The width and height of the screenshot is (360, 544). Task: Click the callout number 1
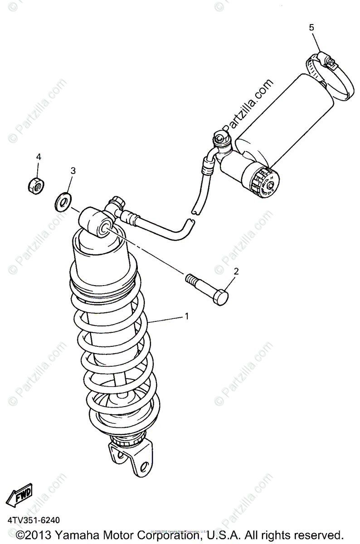point(186,316)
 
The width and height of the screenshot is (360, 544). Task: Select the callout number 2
point(236,272)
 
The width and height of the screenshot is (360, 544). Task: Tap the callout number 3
point(73,171)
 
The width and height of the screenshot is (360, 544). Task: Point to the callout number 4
point(39,157)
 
